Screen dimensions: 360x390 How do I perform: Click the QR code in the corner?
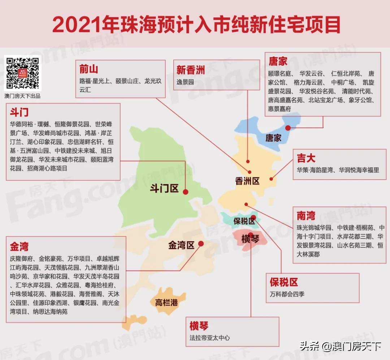(x=22, y=73)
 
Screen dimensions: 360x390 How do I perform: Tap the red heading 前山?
(x=88, y=69)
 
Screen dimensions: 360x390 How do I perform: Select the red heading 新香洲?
(x=190, y=69)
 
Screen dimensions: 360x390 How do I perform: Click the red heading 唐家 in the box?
(x=278, y=61)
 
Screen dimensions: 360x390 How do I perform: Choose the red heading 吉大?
(x=306, y=158)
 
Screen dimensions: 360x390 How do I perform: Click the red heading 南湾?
(x=306, y=216)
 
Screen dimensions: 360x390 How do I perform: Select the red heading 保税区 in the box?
(x=284, y=282)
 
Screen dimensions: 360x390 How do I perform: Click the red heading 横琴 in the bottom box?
(x=199, y=326)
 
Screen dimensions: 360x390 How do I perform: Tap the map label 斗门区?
(x=164, y=188)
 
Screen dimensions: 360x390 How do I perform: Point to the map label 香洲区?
(x=247, y=181)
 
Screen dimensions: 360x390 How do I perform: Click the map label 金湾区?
(x=181, y=246)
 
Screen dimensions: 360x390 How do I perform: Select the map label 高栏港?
(x=166, y=302)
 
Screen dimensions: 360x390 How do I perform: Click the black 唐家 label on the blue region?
(x=273, y=137)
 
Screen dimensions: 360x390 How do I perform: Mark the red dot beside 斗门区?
(x=186, y=192)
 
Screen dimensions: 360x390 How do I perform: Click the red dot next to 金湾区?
(x=201, y=243)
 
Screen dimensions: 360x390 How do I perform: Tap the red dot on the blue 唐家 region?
(x=288, y=128)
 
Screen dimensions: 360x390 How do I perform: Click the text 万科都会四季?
(x=287, y=294)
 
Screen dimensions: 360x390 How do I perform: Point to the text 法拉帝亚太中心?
(x=209, y=338)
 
